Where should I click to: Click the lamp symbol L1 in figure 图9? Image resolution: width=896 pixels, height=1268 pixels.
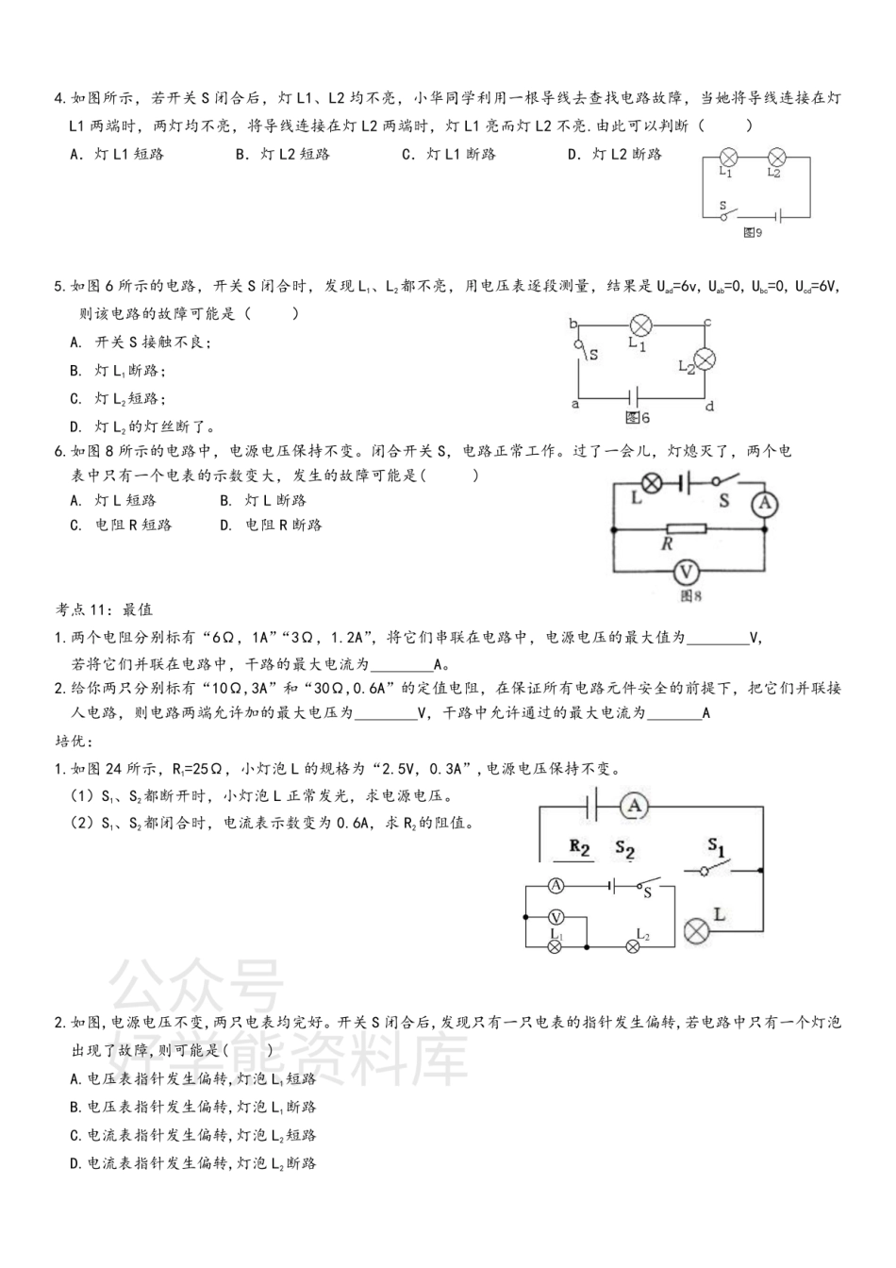click(728, 158)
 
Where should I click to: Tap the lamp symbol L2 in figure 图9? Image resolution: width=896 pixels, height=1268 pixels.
click(776, 158)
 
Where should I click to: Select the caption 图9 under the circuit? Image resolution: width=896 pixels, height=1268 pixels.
click(752, 232)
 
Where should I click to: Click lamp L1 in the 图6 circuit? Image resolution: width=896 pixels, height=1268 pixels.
click(640, 326)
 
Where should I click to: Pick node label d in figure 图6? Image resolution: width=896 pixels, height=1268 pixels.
click(709, 407)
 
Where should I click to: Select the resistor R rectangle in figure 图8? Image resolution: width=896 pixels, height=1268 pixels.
click(686, 529)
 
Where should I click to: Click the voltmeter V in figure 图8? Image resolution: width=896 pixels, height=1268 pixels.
click(687, 571)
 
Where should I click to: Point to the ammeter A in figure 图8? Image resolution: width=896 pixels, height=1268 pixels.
click(764, 505)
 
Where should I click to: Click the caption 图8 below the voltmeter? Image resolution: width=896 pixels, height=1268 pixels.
click(691, 595)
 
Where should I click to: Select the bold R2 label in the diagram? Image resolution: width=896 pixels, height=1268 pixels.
click(580, 847)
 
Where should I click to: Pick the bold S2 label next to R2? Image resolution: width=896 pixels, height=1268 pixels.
click(624, 848)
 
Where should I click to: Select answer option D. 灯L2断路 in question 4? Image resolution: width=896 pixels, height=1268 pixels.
click(614, 154)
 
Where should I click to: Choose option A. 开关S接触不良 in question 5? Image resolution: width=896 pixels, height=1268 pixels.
click(141, 342)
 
